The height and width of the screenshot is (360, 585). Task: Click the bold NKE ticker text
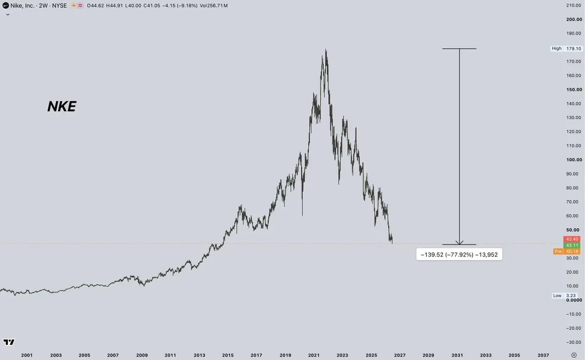[61, 106]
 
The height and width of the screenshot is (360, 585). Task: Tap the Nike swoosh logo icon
[5, 5]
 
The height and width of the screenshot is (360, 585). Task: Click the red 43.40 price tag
[572, 239]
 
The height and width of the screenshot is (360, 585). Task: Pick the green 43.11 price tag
[572, 245]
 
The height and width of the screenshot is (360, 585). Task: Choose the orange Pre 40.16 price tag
[567, 251]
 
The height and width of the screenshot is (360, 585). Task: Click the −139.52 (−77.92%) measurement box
[459, 255]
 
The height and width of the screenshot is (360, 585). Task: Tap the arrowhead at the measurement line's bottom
[459, 243]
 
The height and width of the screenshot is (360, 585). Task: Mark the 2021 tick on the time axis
[314, 355]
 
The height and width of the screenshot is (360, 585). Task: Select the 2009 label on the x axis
[142, 355]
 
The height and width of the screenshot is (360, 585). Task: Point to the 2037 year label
[543, 355]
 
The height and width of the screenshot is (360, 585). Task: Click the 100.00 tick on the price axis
[574, 160]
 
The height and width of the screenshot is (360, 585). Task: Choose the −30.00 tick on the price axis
[573, 342]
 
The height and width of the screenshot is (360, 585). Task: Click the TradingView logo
[9, 342]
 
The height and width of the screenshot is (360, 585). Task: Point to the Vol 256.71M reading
[214, 5]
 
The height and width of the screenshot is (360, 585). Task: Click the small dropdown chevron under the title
[7, 15]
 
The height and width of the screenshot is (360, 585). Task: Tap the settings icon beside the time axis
[574, 355]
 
